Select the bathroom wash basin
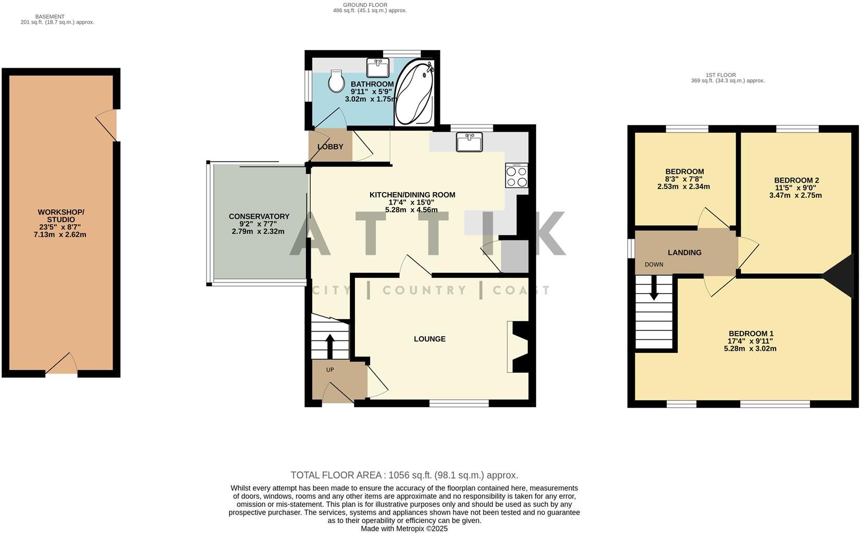377,68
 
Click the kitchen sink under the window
469,142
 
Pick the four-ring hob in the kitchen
516,175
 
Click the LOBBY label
330,147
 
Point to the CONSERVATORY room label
259,217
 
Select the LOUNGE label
429,339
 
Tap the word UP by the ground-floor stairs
329,370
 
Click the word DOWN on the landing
654,264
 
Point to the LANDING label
684,252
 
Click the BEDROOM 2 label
796,181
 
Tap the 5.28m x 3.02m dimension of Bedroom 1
750,349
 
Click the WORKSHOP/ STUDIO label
60,215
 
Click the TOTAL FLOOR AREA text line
404,475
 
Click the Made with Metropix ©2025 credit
404,528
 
